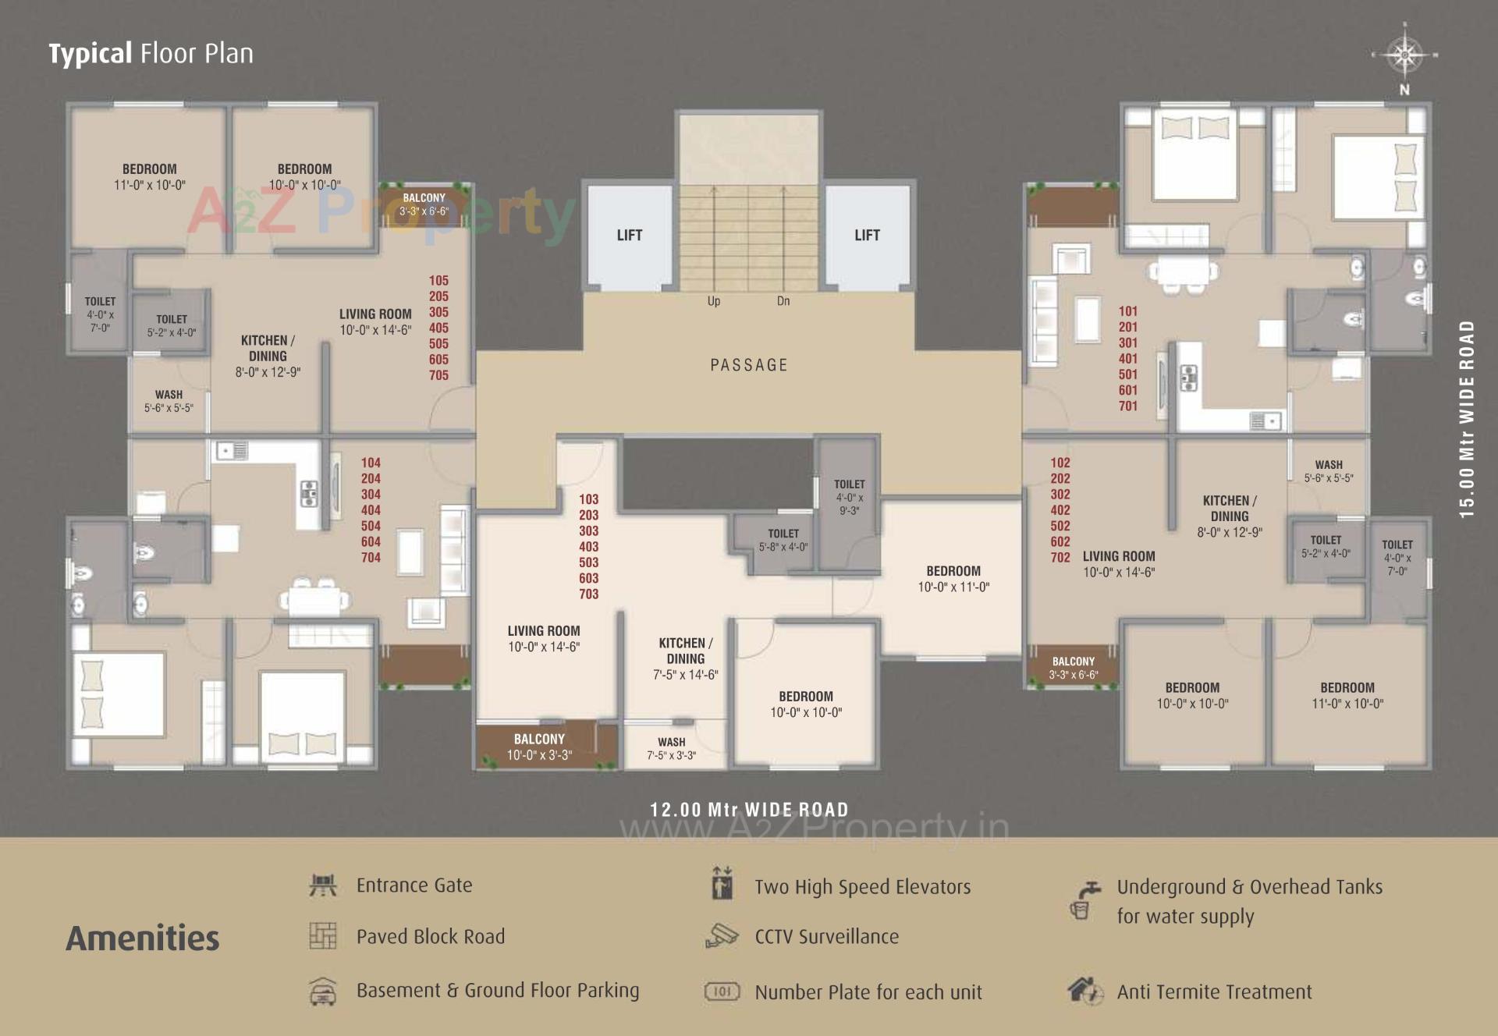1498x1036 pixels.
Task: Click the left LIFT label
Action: pyautogui.click(x=630, y=235)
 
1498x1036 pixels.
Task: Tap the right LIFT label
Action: pyautogui.click(x=867, y=235)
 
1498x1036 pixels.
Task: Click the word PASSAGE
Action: pyautogui.click(x=749, y=364)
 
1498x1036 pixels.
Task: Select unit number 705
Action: pyautogui.click(x=438, y=375)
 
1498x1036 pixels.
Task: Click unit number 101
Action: pyautogui.click(x=1128, y=310)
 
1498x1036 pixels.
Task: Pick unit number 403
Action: pyautogui.click(x=589, y=546)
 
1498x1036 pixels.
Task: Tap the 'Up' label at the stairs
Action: pyautogui.click(x=714, y=301)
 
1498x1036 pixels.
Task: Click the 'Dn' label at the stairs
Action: pyautogui.click(x=783, y=301)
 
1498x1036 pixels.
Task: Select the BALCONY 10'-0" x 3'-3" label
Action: pyautogui.click(x=539, y=747)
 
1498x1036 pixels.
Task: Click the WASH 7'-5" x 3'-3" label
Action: pyautogui.click(x=671, y=748)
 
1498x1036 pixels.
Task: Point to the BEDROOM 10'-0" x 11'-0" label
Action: pyautogui.click(x=953, y=579)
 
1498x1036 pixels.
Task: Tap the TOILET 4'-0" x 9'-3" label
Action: pyautogui.click(x=850, y=497)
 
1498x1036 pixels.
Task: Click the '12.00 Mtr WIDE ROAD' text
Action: pyautogui.click(x=749, y=809)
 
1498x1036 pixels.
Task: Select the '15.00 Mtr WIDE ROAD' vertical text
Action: pyautogui.click(x=1468, y=419)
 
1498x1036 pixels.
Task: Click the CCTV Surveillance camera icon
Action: pyautogui.click(x=722, y=935)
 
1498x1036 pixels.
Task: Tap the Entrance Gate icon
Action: pyautogui.click(x=323, y=885)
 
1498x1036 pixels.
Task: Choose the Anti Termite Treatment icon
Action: pyautogui.click(x=1085, y=991)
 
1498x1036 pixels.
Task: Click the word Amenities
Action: pyautogui.click(x=143, y=938)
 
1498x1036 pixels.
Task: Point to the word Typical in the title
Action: pyautogui.click(x=91, y=54)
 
